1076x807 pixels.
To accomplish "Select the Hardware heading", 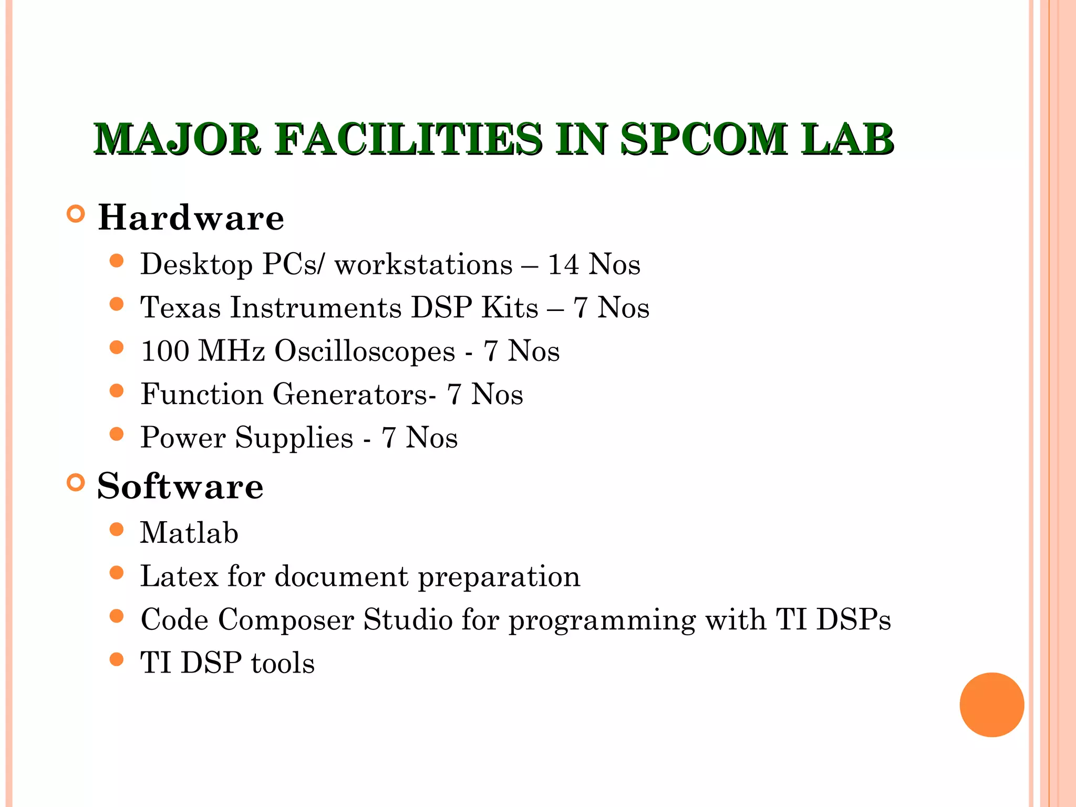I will tap(191, 218).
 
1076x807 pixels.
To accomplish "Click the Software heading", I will tap(180, 487).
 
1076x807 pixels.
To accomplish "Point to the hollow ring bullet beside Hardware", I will tap(76, 214).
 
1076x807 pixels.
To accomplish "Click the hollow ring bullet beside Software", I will tap(76, 483).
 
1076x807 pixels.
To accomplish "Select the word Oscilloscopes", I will tap(365, 351).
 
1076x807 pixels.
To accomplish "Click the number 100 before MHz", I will tap(165, 351).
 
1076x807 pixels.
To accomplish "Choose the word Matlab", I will tap(189, 533).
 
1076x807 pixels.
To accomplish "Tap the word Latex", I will tap(179, 576).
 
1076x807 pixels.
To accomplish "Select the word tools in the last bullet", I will tap(283, 663).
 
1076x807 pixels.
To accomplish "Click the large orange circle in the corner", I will tap(991, 705).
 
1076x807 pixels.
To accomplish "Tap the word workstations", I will tap(423, 264).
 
